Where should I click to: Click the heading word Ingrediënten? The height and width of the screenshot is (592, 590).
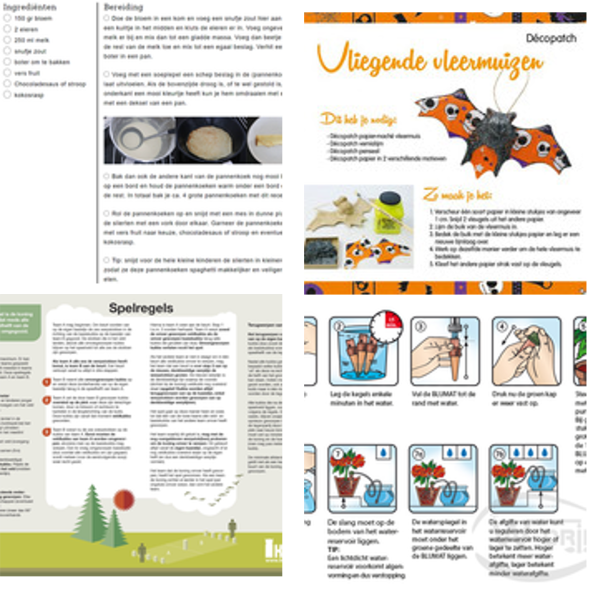pyautogui.click(x=30, y=7)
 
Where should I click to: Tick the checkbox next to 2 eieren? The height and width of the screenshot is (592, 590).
pyautogui.click(x=7, y=29)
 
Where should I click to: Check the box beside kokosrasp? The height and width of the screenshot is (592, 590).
pyautogui.click(x=7, y=95)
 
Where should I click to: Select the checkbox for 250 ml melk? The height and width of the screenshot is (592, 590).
pyautogui.click(x=7, y=40)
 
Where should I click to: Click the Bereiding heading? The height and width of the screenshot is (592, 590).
pyautogui.click(x=123, y=7)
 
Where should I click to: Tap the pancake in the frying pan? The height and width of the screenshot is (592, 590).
pyautogui.click(x=210, y=142)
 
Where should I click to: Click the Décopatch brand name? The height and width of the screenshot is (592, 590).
pyautogui.click(x=551, y=38)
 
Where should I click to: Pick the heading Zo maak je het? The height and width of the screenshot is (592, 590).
pyautogui.click(x=457, y=195)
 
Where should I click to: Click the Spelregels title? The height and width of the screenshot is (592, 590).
pyautogui.click(x=141, y=308)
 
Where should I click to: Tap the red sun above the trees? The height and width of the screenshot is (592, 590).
pyautogui.click(x=124, y=500)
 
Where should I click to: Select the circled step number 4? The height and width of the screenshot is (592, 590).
pyautogui.click(x=502, y=326)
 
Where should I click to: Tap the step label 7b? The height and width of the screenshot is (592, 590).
pyautogui.click(x=498, y=454)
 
